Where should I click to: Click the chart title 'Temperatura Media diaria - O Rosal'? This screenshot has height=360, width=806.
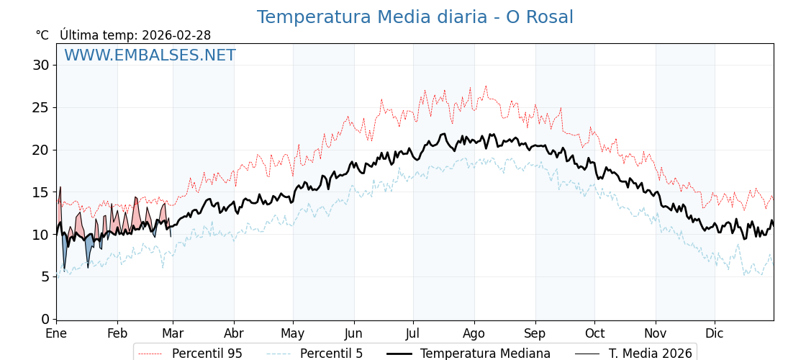click(415, 17)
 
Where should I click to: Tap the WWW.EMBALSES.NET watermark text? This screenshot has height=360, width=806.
click(150, 55)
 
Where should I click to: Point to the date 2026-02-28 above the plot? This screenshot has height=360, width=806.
click(176, 35)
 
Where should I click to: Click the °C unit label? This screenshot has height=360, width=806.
click(42, 35)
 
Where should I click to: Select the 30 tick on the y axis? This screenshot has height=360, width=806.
click(40, 66)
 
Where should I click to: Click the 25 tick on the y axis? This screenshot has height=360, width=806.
click(40, 107)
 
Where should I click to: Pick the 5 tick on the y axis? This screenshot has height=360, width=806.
click(45, 276)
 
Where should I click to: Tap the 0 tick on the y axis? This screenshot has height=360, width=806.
click(45, 319)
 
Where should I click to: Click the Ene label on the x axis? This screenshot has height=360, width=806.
click(56, 334)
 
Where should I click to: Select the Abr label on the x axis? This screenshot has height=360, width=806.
click(234, 334)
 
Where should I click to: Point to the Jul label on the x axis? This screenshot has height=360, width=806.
click(413, 334)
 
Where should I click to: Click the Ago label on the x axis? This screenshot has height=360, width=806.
click(474, 334)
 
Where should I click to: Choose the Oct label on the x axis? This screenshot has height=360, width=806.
click(594, 334)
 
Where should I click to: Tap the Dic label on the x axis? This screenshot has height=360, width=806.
click(715, 334)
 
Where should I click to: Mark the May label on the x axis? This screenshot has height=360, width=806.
click(293, 334)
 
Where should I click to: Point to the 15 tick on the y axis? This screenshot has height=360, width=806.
click(40, 192)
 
